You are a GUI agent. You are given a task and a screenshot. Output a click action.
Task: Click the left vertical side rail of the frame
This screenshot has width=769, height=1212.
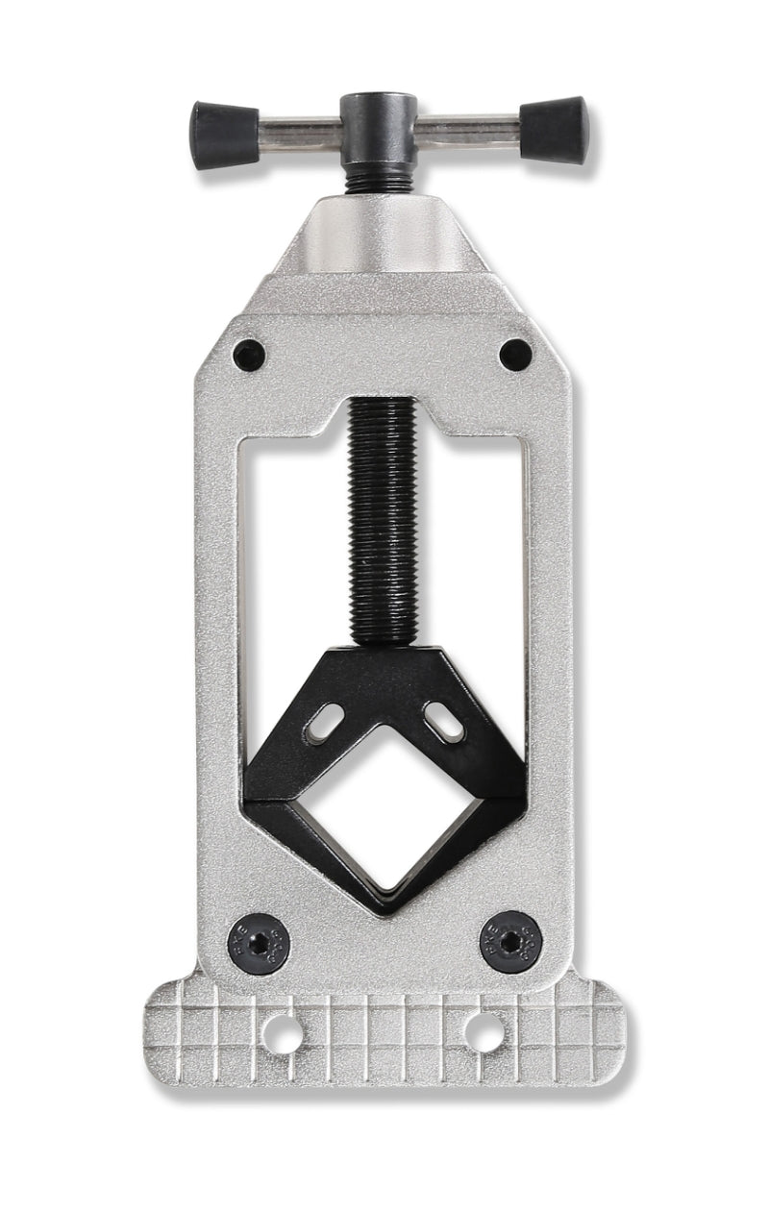[x=217, y=673]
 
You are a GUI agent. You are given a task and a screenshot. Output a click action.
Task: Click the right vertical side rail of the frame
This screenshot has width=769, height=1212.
[x=554, y=673]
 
